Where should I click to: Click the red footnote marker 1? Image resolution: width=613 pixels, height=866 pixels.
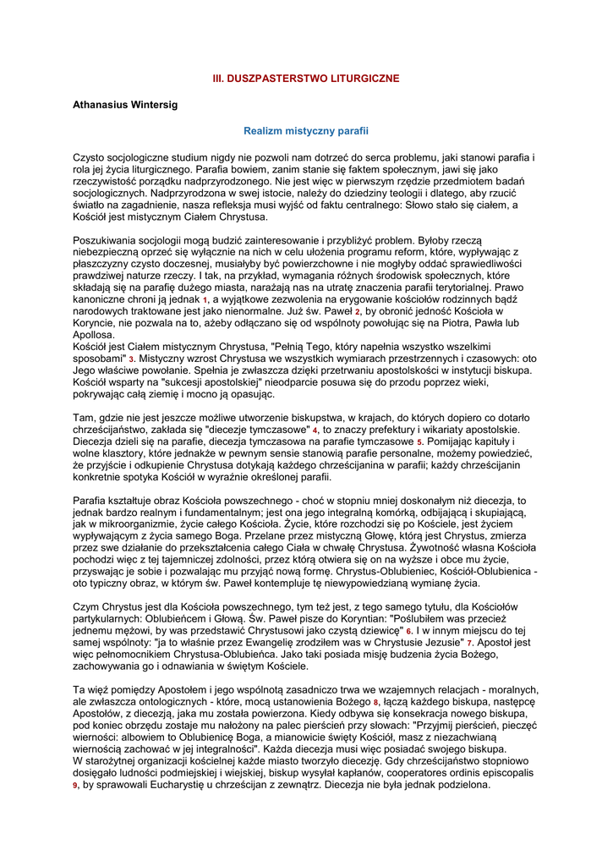point(205,301)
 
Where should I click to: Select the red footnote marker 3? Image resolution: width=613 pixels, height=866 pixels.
point(131,359)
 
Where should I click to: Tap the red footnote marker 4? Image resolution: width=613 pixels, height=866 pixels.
point(315,430)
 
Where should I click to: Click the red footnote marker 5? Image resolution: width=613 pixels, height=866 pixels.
point(419,442)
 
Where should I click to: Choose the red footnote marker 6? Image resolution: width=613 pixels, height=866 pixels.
point(408,631)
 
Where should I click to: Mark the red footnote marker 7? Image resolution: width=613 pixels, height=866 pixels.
point(469,643)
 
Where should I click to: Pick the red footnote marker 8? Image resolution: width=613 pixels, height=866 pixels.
point(375,702)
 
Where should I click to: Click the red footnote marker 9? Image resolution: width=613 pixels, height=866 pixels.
point(75,786)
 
